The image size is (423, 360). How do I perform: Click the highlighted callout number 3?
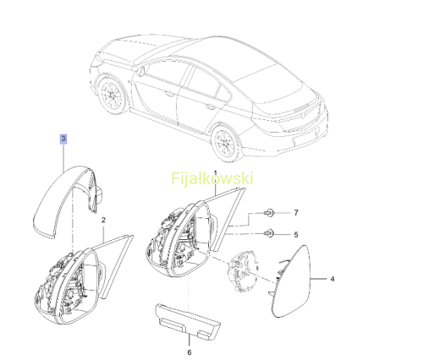tap(63, 139)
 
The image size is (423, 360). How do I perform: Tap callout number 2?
tap(103, 220)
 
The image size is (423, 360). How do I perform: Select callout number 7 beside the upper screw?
tap(296, 213)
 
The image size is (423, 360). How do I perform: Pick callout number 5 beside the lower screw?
tap(296, 235)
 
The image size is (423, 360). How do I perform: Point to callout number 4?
tap(332, 279)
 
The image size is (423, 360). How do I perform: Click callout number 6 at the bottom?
tap(190, 352)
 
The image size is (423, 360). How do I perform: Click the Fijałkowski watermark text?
tap(212, 178)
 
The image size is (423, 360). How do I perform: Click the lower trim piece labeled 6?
tap(188, 321)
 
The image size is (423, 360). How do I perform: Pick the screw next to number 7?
tap(270, 213)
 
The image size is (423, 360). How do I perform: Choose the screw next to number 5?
tap(269, 233)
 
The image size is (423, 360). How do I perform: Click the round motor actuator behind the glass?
tap(243, 270)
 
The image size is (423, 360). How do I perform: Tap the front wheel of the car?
tap(113, 95)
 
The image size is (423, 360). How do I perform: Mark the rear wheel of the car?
tap(226, 143)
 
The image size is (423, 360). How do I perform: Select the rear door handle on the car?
tap(209, 106)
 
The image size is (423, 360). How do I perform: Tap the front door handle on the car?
tap(169, 94)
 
